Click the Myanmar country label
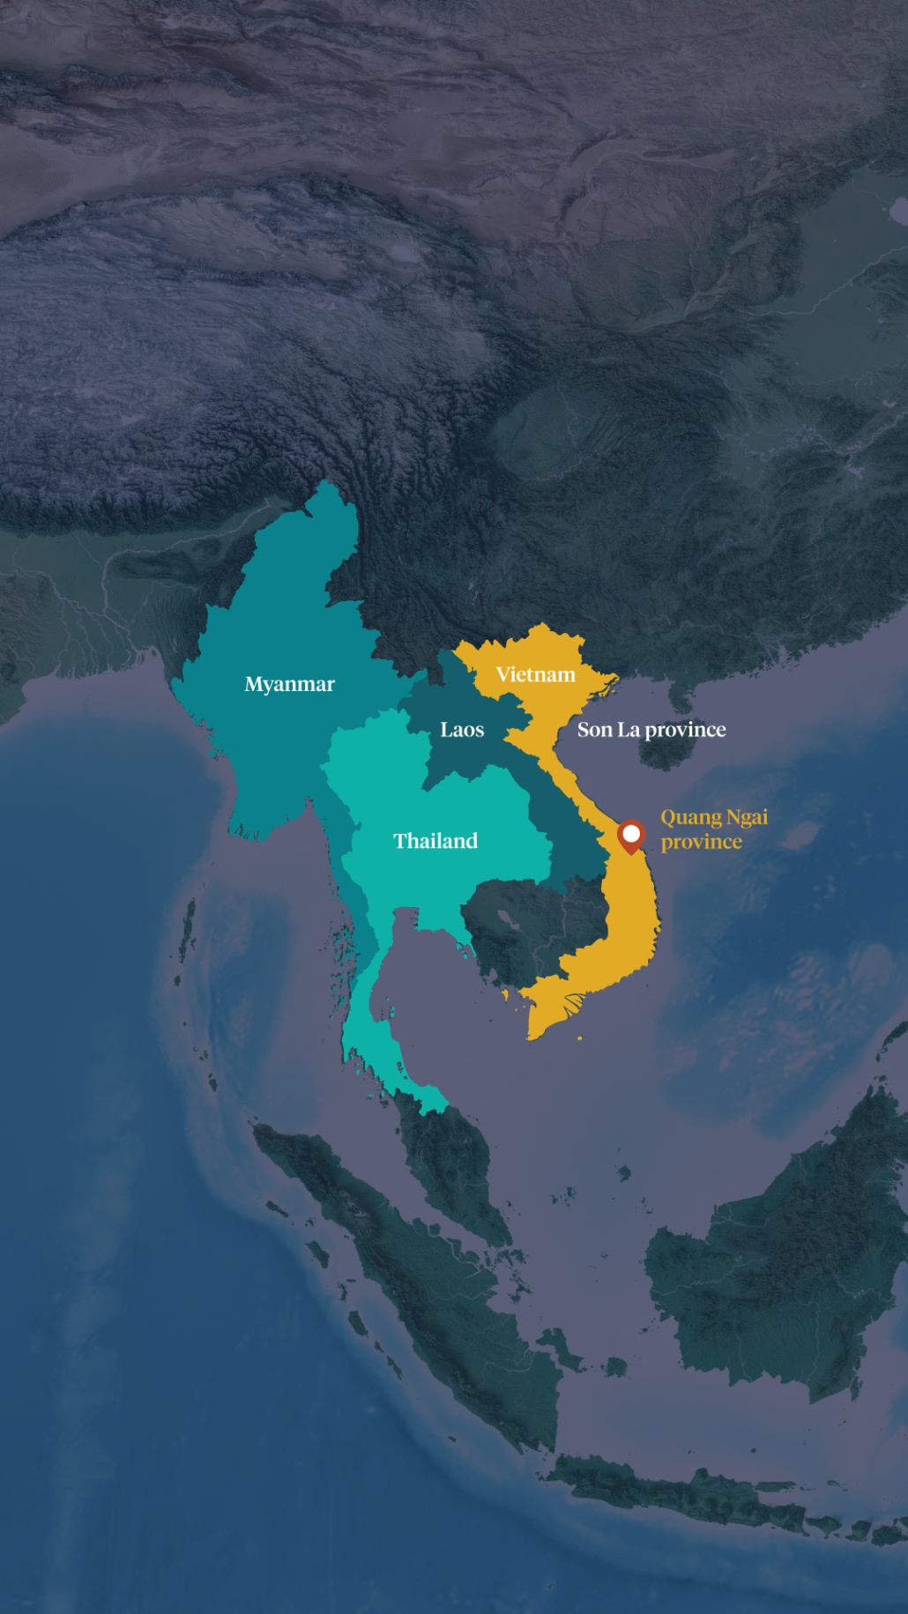(x=289, y=685)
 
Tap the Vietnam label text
(x=535, y=675)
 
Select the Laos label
(x=462, y=730)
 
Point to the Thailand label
(x=435, y=841)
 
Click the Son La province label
(x=651, y=730)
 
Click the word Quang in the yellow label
(x=691, y=818)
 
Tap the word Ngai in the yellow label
(x=747, y=818)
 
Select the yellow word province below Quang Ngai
(x=702, y=842)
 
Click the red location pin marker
(x=631, y=835)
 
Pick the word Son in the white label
(x=594, y=730)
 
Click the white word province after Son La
(x=685, y=730)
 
